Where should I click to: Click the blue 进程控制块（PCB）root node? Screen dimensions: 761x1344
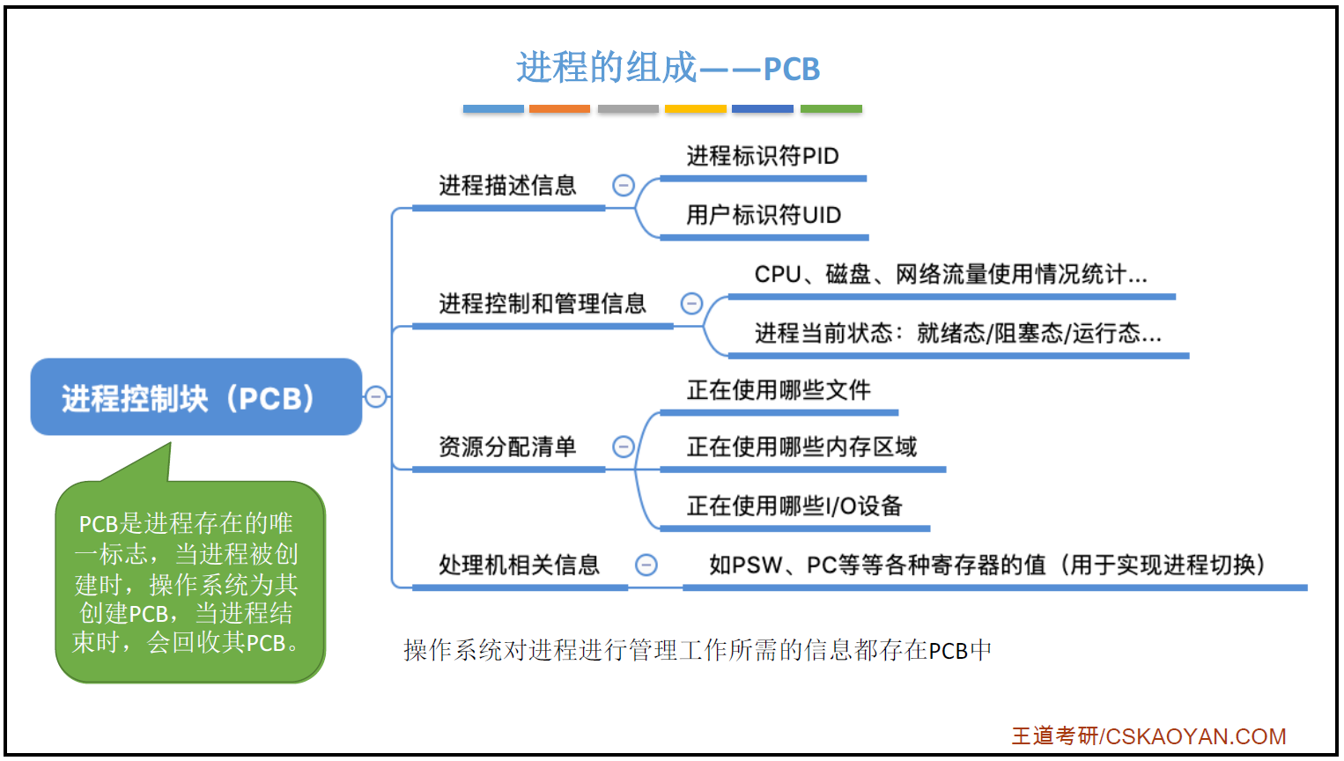196,398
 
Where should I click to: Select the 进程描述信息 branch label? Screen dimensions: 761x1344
507,186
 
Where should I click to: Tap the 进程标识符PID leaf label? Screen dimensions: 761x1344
762,157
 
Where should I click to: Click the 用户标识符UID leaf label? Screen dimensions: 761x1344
764,216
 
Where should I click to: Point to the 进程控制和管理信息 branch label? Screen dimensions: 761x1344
543,304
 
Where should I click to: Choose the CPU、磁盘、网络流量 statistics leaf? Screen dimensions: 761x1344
950,275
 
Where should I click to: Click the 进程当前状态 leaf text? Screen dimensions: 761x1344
957,334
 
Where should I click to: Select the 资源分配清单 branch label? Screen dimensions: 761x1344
507,447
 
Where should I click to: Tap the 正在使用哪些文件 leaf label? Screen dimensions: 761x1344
779,390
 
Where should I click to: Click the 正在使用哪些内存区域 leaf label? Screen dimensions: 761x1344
801,447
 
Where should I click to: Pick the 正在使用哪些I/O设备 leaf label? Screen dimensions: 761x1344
794,506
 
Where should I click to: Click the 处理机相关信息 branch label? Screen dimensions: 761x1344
519,565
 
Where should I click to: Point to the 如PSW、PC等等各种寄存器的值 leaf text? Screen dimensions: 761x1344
986,565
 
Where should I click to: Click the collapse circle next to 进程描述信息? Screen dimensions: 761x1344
624,185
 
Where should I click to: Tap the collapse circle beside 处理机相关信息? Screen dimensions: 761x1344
646,565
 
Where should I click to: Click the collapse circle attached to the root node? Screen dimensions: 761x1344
376,396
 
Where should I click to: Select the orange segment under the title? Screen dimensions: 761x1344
559,109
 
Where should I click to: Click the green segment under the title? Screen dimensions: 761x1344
831,109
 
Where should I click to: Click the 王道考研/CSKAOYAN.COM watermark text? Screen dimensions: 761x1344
1148,736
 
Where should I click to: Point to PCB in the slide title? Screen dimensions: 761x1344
791,70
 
